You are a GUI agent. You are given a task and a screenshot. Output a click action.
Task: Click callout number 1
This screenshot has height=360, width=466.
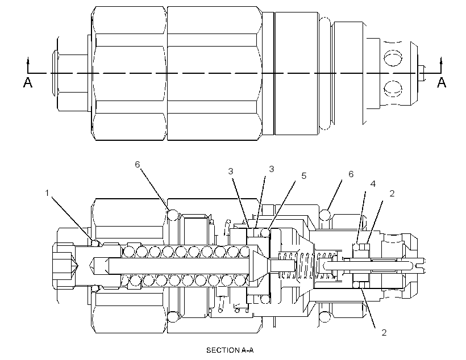[47, 193]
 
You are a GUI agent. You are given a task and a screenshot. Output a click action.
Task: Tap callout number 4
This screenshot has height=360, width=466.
[373, 184]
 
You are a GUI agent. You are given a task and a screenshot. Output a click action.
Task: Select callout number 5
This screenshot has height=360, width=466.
[303, 176]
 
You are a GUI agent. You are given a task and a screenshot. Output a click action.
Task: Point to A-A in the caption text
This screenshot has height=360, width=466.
[247, 350]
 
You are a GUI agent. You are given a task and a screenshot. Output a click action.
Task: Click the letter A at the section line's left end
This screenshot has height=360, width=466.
[28, 82]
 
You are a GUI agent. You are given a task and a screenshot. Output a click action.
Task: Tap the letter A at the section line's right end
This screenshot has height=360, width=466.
[442, 82]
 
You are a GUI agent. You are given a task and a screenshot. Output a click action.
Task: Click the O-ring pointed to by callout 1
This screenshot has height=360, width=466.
[95, 243]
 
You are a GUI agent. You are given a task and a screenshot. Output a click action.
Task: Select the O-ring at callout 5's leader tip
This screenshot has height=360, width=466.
[265, 233]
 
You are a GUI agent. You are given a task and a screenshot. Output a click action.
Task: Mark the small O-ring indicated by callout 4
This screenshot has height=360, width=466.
[356, 246]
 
